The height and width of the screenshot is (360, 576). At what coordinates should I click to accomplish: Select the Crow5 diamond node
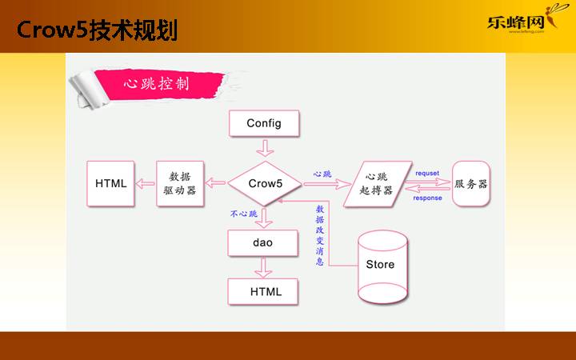(x=265, y=183)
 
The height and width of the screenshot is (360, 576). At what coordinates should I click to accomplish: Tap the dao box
(x=262, y=242)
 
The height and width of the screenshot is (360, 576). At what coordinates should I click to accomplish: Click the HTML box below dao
(x=266, y=291)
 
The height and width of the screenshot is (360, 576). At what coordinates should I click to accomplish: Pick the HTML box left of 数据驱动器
(x=111, y=183)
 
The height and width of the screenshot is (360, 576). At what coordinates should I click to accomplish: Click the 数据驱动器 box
(x=180, y=183)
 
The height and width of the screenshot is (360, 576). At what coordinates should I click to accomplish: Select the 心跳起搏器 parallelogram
(x=378, y=184)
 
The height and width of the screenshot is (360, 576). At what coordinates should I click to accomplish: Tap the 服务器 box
(x=470, y=184)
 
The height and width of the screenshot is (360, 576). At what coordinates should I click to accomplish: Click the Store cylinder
(x=381, y=265)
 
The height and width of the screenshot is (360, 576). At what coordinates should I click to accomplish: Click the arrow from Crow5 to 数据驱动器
(x=217, y=184)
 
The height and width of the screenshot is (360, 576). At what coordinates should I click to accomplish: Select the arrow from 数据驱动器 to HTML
(x=146, y=184)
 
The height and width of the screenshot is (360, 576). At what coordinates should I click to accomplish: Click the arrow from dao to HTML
(x=264, y=268)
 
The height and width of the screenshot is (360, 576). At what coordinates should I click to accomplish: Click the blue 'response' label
(x=427, y=198)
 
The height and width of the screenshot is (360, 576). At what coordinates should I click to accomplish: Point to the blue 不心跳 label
(x=244, y=214)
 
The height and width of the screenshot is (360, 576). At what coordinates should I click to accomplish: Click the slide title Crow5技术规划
(x=96, y=30)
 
